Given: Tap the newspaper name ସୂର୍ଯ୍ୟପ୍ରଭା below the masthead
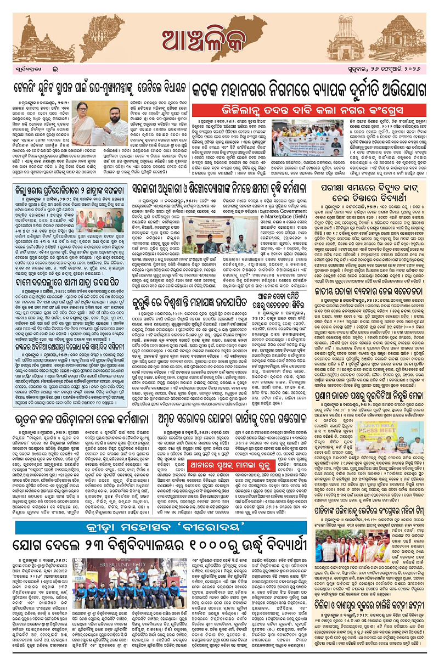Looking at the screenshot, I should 32,72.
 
